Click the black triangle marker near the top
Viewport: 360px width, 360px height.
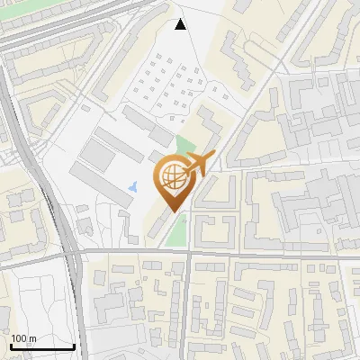(181, 24)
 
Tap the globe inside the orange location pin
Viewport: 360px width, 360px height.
(174, 177)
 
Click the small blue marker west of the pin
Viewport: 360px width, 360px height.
(134, 186)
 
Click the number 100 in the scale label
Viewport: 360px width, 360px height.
(18, 338)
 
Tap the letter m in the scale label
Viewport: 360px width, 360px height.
(31, 338)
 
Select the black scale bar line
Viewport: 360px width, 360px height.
(42, 347)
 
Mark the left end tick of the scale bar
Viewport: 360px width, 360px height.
(11, 346)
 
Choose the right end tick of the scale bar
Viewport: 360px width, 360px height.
(74, 346)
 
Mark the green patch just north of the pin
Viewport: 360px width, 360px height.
(184, 146)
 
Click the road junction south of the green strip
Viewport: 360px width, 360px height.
(188, 254)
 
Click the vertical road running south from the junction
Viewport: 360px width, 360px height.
(188, 306)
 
